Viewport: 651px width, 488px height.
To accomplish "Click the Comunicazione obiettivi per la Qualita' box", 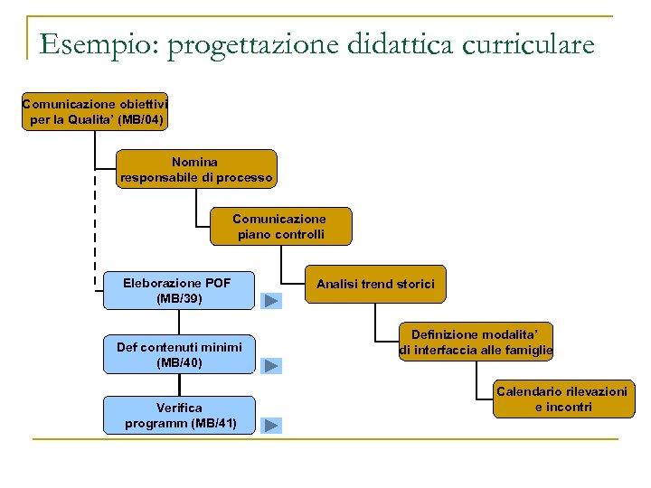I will tap(95, 111).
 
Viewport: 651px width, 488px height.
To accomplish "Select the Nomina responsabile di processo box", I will tap(196, 170).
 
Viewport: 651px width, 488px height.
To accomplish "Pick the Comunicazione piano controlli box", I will tap(280, 227).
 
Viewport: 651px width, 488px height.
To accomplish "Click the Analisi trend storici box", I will tap(375, 284).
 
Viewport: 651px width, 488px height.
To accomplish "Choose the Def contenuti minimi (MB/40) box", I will tap(179, 354).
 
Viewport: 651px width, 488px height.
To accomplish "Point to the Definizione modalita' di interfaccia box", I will tap(476, 343).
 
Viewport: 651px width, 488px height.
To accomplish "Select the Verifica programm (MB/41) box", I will tap(179, 416).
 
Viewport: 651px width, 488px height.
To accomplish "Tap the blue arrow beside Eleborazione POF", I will tap(271, 301).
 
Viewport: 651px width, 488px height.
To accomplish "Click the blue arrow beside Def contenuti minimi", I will tap(271, 365).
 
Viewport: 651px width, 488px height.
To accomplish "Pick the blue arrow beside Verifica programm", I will tap(271, 425).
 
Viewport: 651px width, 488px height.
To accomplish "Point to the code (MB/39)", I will tap(179, 298).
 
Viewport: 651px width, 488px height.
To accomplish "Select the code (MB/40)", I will tap(179, 362).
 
